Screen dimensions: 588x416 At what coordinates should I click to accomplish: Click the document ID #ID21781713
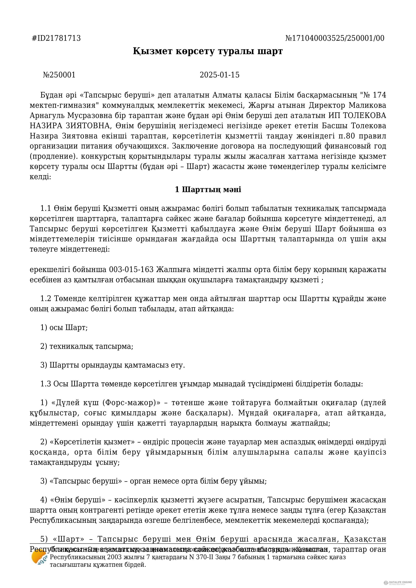tap(56, 38)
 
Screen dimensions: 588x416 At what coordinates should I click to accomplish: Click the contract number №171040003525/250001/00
tap(335, 38)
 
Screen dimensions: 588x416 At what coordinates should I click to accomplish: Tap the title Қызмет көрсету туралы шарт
tap(208, 51)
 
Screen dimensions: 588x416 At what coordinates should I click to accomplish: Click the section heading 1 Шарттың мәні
tap(208, 190)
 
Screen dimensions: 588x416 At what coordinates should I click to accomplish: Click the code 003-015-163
tap(131, 270)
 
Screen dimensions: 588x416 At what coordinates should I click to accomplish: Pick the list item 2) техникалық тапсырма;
tap(87, 346)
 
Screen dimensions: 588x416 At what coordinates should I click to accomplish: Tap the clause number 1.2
tap(46, 299)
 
